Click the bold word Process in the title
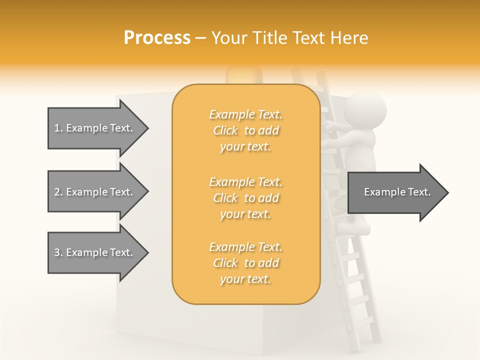[157, 37]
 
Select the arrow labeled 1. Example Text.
[97, 128]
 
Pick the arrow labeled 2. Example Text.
[97, 192]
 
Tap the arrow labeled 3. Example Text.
[97, 252]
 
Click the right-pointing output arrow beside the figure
[397, 192]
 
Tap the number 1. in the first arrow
[58, 128]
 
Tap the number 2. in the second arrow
[58, 192]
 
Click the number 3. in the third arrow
[58, 252]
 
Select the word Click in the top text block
[225, 131]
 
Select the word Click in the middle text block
[225, 198]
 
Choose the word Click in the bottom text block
[225, 263]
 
